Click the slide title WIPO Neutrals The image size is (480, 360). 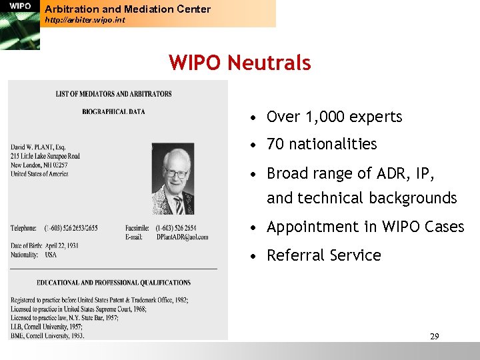coord(240,63)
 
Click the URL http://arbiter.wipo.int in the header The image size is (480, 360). coord(85,20)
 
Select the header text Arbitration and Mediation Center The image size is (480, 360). coord(127,9)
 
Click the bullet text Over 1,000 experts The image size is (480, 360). coord(334,117)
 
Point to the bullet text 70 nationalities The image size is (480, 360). coord(321,144)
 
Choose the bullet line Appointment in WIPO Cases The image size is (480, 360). coord(365,227)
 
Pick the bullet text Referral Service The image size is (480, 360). coord(323,255)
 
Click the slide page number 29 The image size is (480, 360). coord(434,336)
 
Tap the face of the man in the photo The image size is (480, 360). coord(176,172)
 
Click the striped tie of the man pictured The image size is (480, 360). coord(179,204)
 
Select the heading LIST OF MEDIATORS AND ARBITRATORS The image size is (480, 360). coord(113,94)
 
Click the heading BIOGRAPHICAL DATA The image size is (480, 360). coord(113,111)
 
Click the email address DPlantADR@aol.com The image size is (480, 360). coord(182,237)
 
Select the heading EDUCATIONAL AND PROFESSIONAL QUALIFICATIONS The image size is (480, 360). coord(113,283)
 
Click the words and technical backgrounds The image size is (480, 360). coord(361,198)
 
